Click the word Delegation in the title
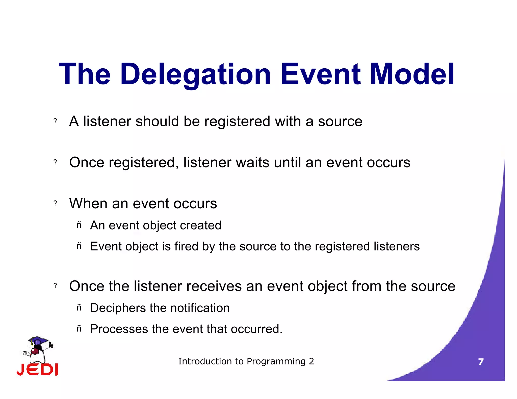coord(196,75)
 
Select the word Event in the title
coord(321,75)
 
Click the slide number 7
coord(481,362)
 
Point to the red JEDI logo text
coord(37,370)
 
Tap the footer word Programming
coord(276,362)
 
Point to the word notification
coord(200,308)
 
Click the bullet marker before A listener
coord(55,121)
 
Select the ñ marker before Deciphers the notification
coord(79,308)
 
